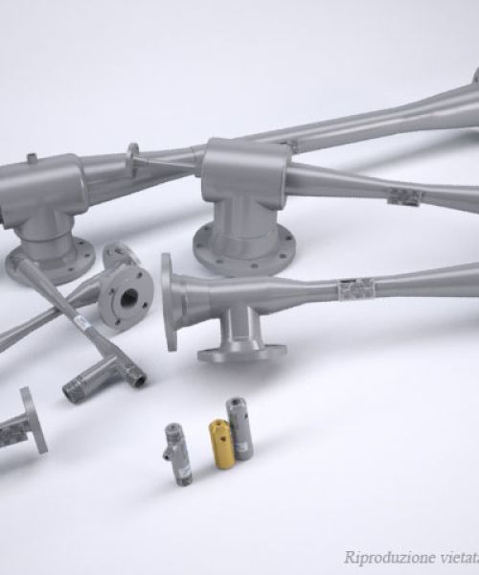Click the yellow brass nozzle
[222, 444]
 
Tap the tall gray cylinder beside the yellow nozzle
[239, 428]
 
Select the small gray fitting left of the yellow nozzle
[176, 453]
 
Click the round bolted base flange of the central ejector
[240, 251]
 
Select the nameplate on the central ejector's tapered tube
[402, 196]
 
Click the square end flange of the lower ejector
[171, 302]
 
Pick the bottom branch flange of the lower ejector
[241, 353]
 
